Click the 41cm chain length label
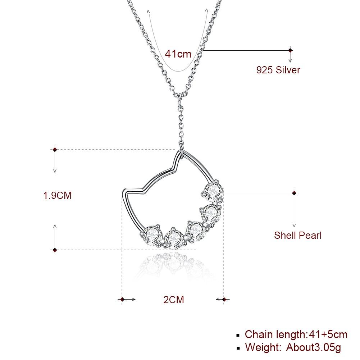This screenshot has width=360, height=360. click(x=178, y=54)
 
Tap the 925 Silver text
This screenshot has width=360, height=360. click(x=278, y=70)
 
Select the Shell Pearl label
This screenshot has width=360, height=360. click(x=297, y=235)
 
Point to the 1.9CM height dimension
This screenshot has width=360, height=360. click(x=58, y=195)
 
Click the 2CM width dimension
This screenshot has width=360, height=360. click(x=174, y=300)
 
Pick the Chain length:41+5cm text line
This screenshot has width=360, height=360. click(x=296, y=334)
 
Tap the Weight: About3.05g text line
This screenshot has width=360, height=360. click(x=293, y=347)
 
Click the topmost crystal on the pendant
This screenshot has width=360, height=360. click(x=214, y=191)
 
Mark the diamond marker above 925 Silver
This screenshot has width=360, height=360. click(x=291, y=50)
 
